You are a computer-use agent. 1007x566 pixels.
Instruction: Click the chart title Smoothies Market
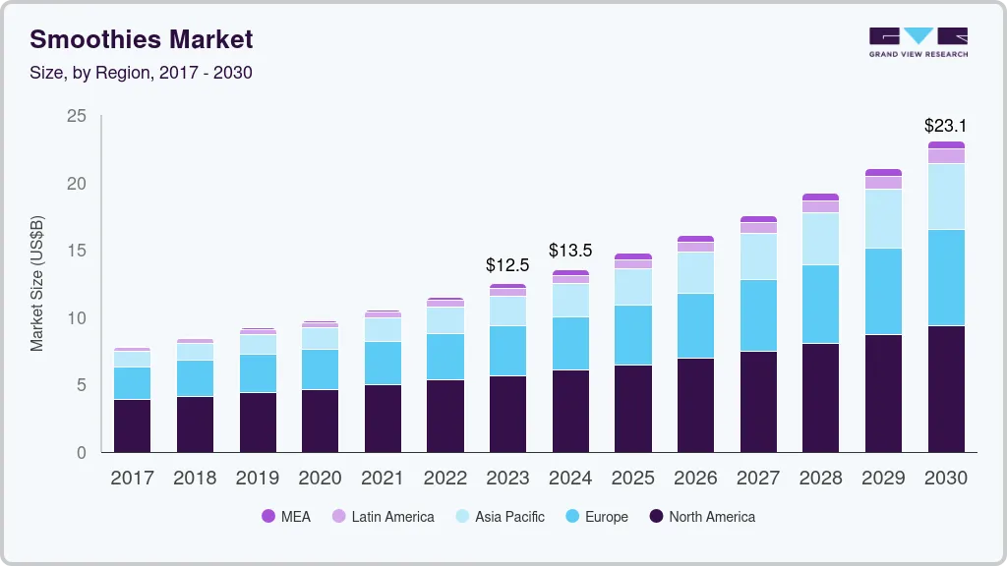coord(141,39)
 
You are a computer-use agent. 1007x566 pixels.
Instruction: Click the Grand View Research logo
coord(918,41)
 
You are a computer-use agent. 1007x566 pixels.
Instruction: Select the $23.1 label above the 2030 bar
coord(945,126)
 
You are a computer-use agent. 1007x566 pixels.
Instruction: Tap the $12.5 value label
coord(507,265)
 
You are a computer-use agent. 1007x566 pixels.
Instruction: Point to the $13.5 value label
coord(570,251)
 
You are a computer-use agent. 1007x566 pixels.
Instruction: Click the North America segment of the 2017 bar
coord(132,425)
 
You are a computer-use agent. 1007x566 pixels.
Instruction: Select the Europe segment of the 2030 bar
coord(946,277)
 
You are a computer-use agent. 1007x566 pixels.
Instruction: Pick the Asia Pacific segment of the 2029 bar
coord(883,218)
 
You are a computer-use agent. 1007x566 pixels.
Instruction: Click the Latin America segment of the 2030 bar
coord(946,156)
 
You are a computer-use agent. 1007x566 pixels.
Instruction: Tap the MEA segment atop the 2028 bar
coord(820,198)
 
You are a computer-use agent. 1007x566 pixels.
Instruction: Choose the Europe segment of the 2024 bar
coord(570,343)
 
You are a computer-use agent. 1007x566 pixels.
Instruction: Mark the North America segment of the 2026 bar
coord(695,405)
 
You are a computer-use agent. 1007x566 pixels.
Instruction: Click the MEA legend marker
coord(268,516)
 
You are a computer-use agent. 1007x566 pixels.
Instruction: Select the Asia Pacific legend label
coord(509,516)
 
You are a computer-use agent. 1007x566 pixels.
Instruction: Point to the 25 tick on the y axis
coord(77,117)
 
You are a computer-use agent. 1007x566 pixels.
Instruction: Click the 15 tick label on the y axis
coord(77,251)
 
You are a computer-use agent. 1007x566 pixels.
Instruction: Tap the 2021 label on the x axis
coord(383,478)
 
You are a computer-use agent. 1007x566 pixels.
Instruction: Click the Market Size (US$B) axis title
coord(37,284)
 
